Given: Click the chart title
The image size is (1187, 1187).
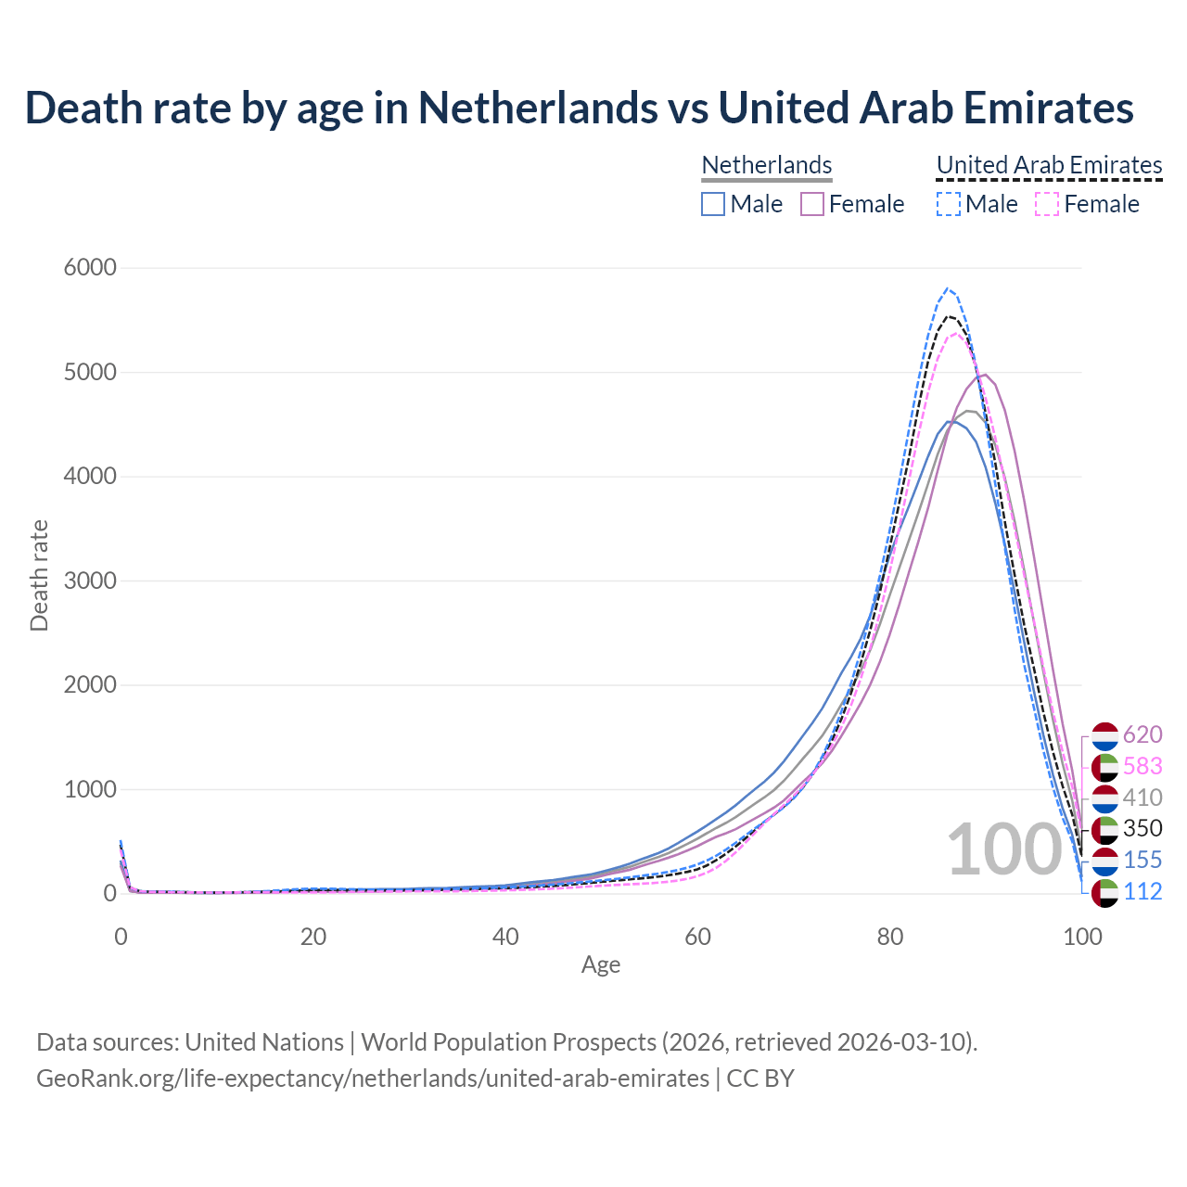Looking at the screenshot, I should point(579,108).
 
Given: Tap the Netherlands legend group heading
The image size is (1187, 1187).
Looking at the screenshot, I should point(766,165).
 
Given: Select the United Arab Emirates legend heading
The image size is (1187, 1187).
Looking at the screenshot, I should point(1049,165).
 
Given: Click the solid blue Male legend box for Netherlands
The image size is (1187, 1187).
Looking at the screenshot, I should point(713,204).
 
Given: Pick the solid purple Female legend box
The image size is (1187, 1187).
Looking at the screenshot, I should point(812,204).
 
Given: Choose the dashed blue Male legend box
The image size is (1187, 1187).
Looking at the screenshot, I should point(948,204).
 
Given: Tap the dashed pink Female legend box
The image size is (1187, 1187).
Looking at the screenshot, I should point(1046,204).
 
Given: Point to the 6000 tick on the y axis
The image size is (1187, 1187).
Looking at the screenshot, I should point(90,268).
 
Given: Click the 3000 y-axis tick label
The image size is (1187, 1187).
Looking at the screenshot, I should point(90,581).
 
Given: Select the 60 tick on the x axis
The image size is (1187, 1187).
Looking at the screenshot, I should point(697,937).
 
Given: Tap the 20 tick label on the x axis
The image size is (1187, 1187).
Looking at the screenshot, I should point(313,937).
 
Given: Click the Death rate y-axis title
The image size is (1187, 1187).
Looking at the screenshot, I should point(39,576).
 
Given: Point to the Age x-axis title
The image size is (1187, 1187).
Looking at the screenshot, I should point(601,965).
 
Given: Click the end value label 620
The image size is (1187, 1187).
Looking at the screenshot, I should point(1142,735).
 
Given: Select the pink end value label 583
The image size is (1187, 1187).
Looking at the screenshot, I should point(1142,767).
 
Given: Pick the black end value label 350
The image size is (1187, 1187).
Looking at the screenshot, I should point(1142,829).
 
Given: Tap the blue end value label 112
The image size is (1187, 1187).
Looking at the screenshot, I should point(1142,892).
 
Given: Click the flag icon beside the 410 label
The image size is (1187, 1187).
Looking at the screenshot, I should point(1105,798).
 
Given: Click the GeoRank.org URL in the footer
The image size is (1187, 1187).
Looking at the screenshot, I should point(373,1079).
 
